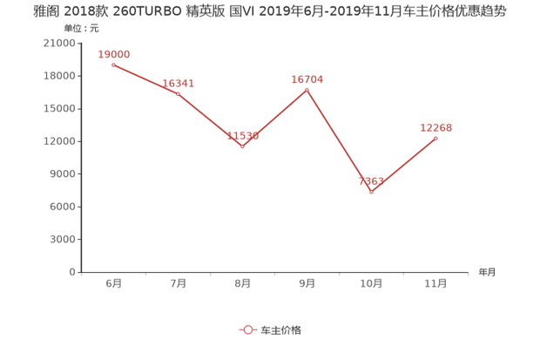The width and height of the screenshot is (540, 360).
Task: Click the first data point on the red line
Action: coord(113,65)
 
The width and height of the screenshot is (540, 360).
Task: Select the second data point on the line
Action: coord(178,92)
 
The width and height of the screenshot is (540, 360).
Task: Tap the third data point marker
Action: coord(242,146)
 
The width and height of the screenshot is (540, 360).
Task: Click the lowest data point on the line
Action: coord(371,191)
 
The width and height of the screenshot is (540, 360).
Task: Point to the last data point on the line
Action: coord(435,138)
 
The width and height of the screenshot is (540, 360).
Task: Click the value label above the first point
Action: coord(114,54)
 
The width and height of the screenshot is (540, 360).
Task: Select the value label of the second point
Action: coord(178,83)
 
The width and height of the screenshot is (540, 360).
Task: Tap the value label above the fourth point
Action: coord(307,78)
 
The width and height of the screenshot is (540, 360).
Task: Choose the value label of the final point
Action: coord(436,127)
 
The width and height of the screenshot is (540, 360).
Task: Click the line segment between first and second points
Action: coord(145,78)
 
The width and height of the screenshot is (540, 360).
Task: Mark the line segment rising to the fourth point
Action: coord(275,117)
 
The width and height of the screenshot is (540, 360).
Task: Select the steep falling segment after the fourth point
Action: coord(340,139)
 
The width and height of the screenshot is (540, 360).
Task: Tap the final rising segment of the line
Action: coord(403,164)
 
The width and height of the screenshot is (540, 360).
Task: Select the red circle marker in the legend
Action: coord(248,329)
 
